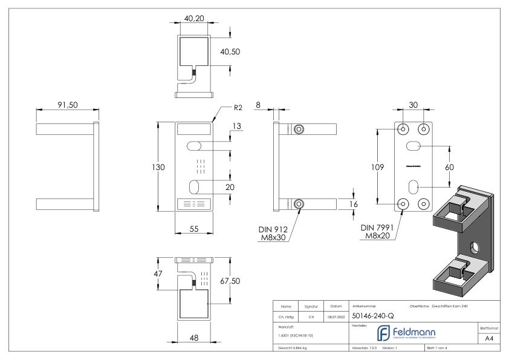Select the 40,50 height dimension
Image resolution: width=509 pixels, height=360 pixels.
(x=230, y=52)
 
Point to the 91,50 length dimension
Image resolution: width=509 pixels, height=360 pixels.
(x=68, y=104)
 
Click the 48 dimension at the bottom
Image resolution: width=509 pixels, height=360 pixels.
(x=193, y=338)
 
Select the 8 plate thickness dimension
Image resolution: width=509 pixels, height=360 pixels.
(x=258, y=105)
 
